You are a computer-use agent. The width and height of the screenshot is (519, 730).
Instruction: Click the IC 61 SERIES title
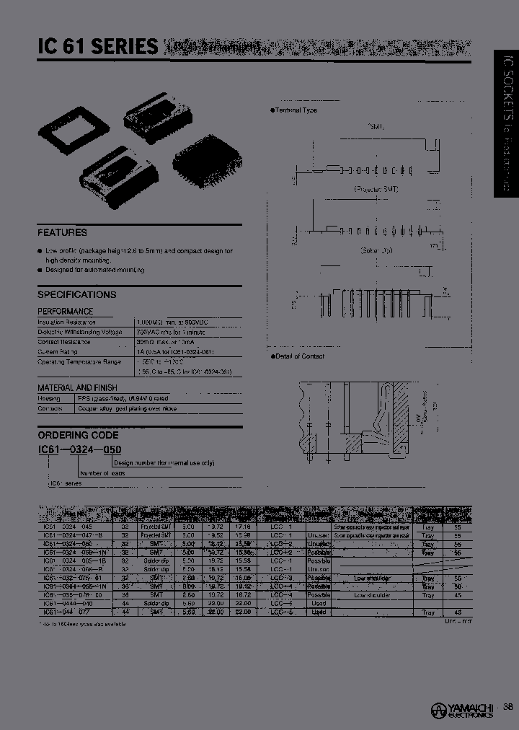click(98, 48)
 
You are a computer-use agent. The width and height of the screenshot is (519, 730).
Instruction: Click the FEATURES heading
click(62, 232)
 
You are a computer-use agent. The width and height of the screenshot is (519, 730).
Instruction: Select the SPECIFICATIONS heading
click(76, 294)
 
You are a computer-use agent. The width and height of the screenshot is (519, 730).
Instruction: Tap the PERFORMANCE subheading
click(66, 311)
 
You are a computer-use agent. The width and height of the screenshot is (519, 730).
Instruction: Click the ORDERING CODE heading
click(78, 435)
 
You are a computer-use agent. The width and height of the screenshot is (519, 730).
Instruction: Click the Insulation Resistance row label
click(66, 322)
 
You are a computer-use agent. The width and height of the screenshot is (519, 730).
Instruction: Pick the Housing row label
click(48, 398)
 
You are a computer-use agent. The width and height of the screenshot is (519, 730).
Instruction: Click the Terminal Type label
click(296, 110)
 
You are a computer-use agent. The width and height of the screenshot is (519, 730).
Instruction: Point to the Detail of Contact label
click(299, 356)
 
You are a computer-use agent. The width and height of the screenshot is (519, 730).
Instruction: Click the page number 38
click(509, 707)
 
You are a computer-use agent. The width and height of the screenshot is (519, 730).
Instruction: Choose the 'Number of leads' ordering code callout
click(102, 473)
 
